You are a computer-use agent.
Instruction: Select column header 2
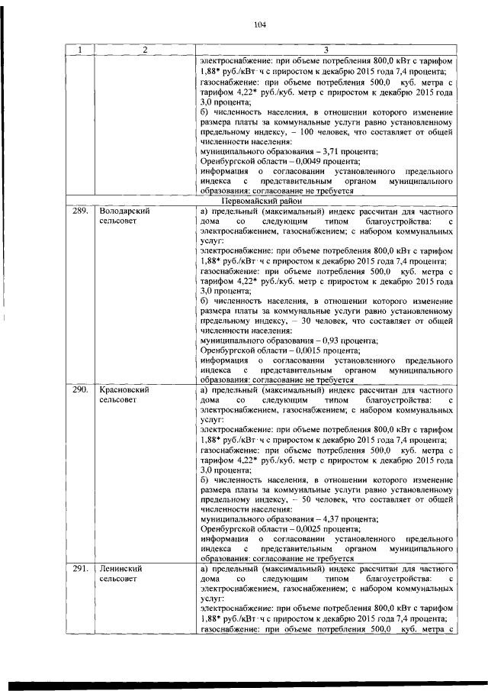coord(144,50)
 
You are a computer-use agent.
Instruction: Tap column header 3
coord(326,50)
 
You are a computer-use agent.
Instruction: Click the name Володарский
coord(124,210)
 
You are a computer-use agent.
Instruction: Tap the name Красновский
coord(124,389)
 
